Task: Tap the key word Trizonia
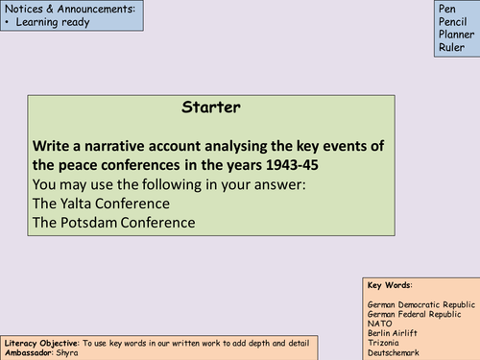pyautogui.click(x=384, y=341)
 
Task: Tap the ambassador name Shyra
pyautogui.click(x=66, y=352)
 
